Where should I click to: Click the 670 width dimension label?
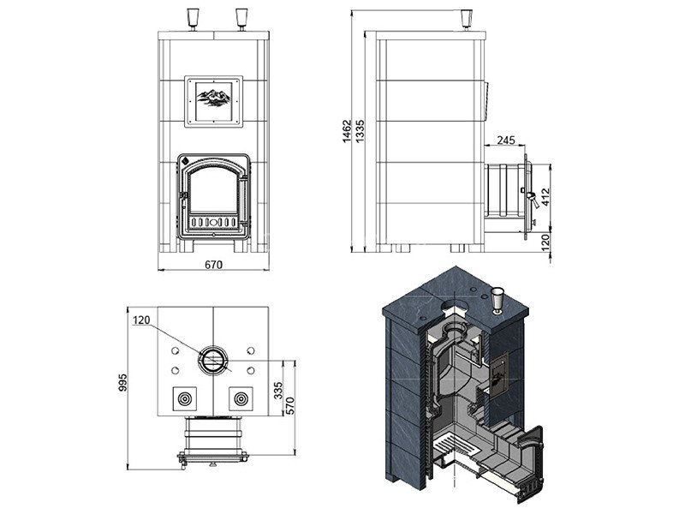pos(213,265)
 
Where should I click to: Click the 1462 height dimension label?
pos(347,132)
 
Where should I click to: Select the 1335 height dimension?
pos(360,131)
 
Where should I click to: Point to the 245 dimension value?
pos(506,140)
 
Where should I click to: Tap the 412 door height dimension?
pos(545,197)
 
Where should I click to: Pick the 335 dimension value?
pos(278,391)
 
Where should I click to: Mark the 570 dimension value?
pos(290,405)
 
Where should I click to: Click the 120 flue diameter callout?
pos(141,320)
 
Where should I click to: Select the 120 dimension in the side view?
pos(545,242)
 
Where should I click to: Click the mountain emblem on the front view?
pos(213,98)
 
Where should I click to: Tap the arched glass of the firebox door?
pos(212,189)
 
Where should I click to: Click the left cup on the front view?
pos(192,19)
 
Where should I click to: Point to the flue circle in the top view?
pos(213,361)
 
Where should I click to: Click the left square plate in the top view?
pos(184,398)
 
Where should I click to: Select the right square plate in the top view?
pos(241,398)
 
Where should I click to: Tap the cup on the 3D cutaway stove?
pos(497,301)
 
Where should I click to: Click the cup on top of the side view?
pos(467,19)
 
